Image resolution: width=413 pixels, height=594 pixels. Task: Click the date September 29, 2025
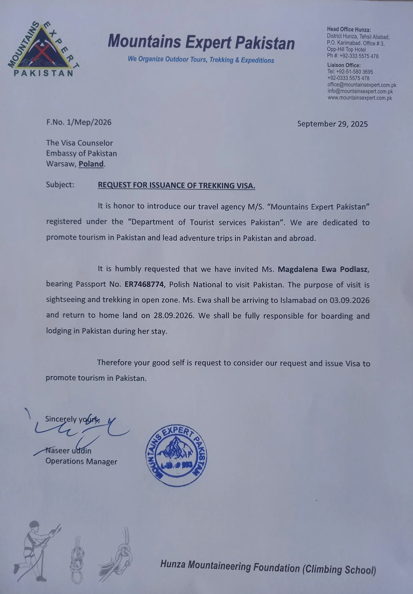point(332,124)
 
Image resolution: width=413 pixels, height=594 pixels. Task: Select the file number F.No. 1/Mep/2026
point(79,122)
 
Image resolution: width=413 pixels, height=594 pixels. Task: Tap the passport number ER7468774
point(144,284)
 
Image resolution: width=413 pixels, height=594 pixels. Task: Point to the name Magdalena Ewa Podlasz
point(323,269)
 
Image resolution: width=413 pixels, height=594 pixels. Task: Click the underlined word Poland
point(91,164)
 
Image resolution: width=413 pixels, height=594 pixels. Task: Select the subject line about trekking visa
point(177,185)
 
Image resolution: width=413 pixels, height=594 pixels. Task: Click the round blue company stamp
point(176,456)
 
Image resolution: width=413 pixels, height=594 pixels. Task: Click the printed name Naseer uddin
point(68,451)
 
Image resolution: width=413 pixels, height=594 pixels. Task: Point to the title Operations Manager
point(81,462)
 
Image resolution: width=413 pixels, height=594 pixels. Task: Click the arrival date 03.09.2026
point(349,300)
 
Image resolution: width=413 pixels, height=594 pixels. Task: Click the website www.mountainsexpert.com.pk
point(360,98)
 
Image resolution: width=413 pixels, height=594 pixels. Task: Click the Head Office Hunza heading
point(349,29)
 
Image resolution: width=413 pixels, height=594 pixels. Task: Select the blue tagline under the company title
point(201,60)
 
